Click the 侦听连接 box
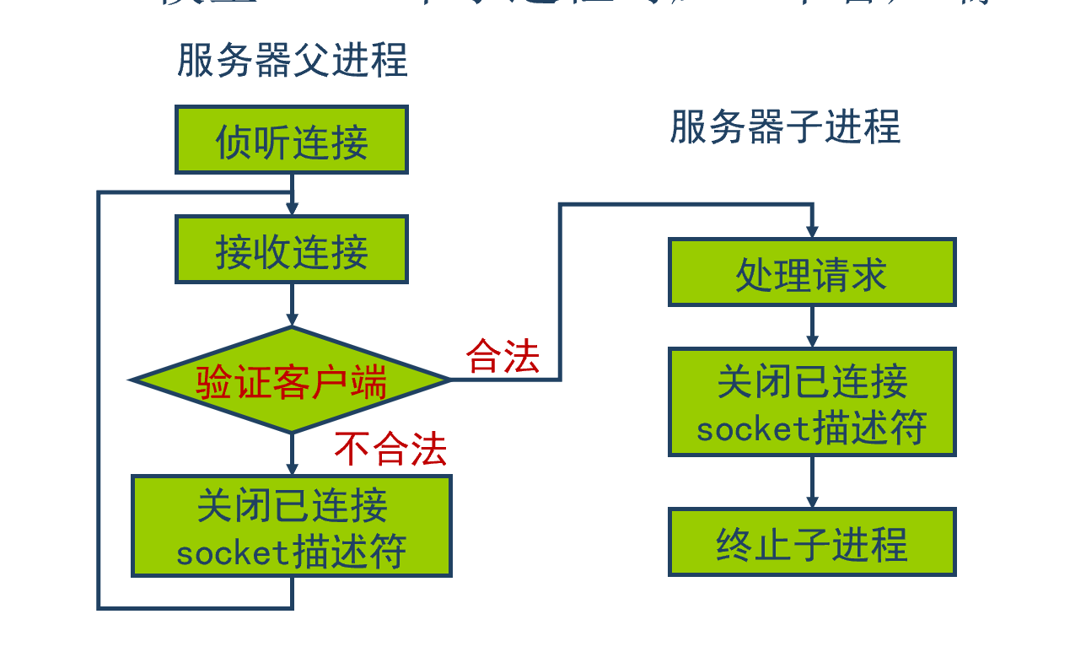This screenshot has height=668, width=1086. click(x=292, y=140)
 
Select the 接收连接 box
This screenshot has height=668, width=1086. click(x=292, y=250)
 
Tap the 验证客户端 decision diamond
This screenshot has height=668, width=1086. click(x=292, y=381)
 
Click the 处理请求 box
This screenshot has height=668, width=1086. click(x=812, y=272)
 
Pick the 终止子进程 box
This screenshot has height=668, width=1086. click(x=812, y=542)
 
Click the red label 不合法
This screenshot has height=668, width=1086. click(x=390, y=449)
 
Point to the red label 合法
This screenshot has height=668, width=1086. click(x=503, y=356)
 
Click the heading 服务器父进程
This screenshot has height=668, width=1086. click(x=293, y=61)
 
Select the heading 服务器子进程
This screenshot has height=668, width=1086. click(x=785, y=127)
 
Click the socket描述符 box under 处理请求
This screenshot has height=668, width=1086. click(x=812, y=402)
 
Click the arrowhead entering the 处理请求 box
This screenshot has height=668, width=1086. click(x=812, y=232)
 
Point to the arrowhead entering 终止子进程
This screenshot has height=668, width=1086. click(x=812, y=502)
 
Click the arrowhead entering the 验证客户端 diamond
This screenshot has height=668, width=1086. click(x=292, y=321)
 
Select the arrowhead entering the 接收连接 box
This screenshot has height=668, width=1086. click(x=292, y=209)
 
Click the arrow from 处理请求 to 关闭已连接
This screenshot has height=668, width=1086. click(x=812, y=325)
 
